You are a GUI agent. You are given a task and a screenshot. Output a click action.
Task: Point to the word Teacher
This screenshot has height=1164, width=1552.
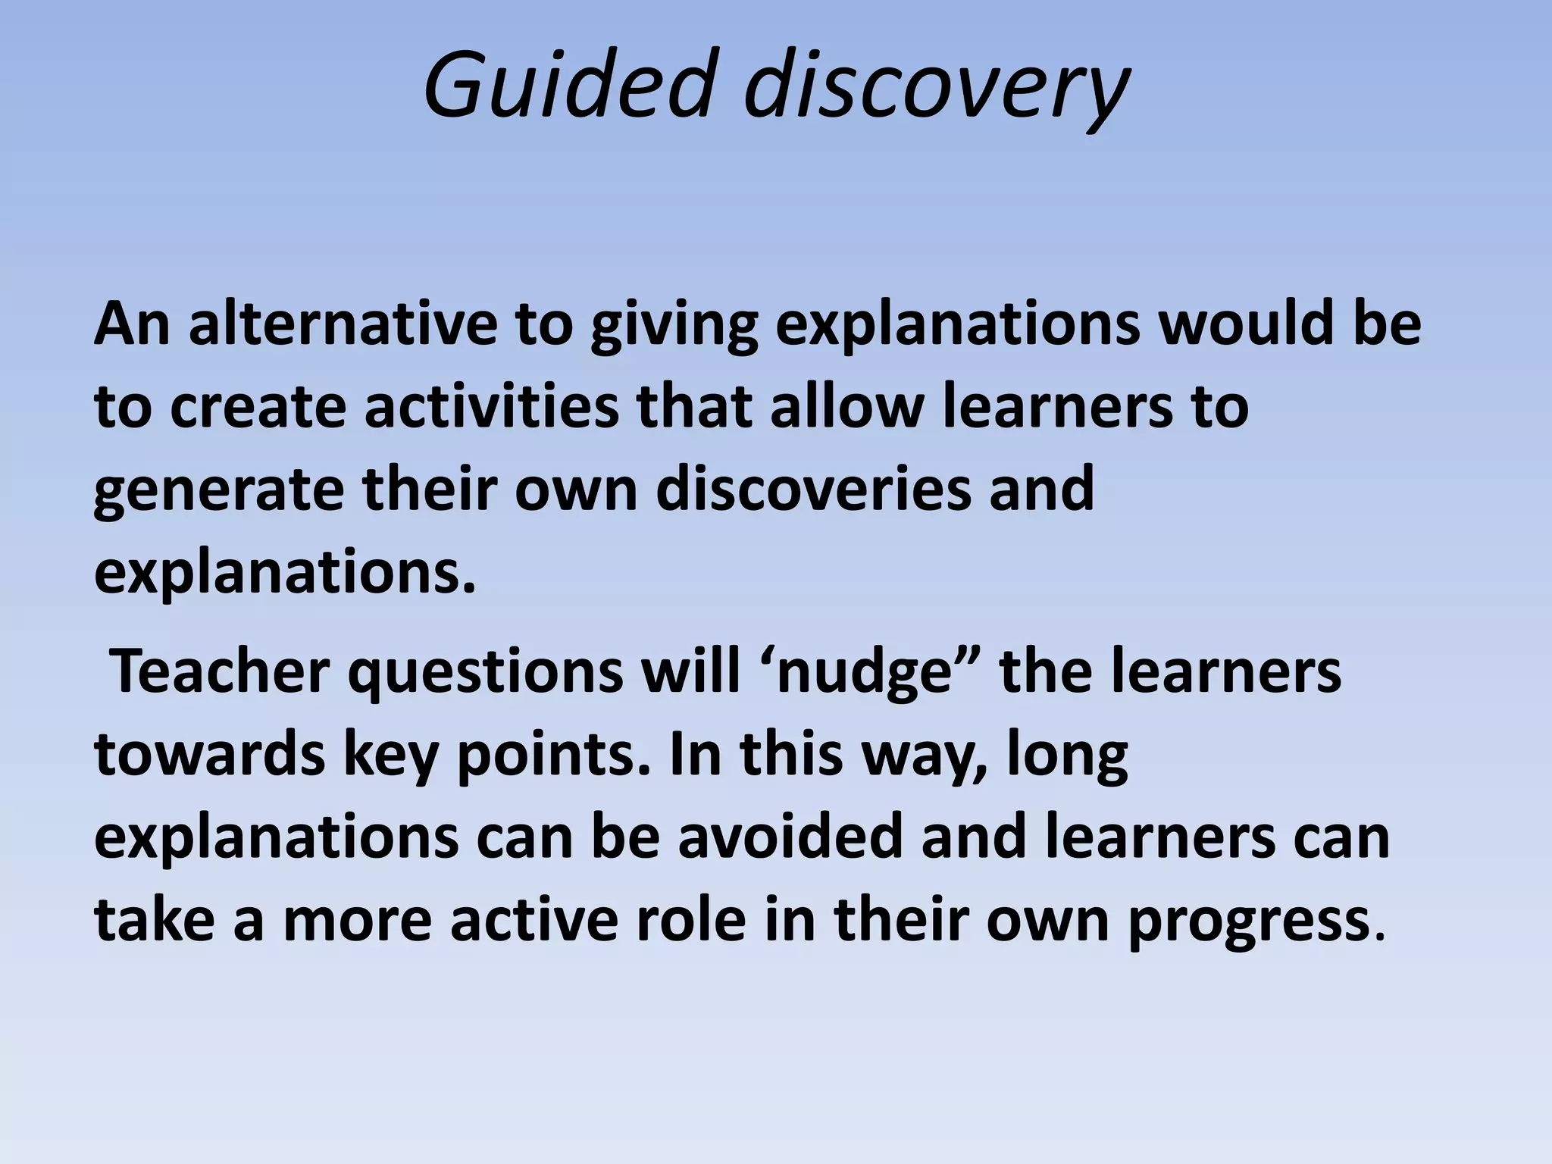coord(220,671)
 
